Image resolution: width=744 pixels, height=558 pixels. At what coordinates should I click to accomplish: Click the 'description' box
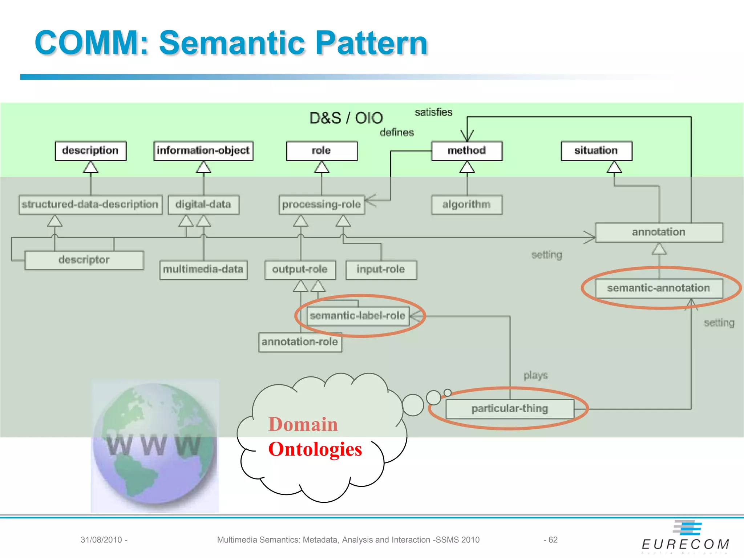(90, 151)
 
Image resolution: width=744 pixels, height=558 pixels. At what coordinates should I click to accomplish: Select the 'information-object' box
(203, 151)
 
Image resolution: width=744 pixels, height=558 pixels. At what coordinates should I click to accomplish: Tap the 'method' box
(467, 151)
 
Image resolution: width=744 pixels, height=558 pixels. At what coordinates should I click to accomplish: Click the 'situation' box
(596, 151)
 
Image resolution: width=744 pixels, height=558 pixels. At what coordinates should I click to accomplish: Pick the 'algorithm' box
(467, 205)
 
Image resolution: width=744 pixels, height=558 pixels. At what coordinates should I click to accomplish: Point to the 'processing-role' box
(322, 205)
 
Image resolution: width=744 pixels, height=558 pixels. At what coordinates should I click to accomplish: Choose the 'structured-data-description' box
(90, 205)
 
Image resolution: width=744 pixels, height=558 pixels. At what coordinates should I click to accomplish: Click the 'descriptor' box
(84, 260)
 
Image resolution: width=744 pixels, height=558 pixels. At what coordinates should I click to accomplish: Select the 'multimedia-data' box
(203, 270)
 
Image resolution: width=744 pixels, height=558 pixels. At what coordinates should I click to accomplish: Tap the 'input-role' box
(381, 270)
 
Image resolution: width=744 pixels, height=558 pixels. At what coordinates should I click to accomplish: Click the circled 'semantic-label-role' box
(358, 316)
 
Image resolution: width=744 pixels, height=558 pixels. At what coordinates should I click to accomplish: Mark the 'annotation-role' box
(300, 342)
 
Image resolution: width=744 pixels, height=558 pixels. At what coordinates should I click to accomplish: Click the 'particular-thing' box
(510, 409)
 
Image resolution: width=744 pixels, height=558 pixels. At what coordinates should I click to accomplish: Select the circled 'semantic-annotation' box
(659, 288)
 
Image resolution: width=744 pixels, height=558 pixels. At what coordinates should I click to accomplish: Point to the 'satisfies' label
(433, 113)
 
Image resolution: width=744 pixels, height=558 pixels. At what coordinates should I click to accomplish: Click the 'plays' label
(535, 375)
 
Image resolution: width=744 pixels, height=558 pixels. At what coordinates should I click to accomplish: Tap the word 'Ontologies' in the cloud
(315, 449)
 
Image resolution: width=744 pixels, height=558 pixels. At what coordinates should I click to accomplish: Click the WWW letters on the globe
(153, 445)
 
